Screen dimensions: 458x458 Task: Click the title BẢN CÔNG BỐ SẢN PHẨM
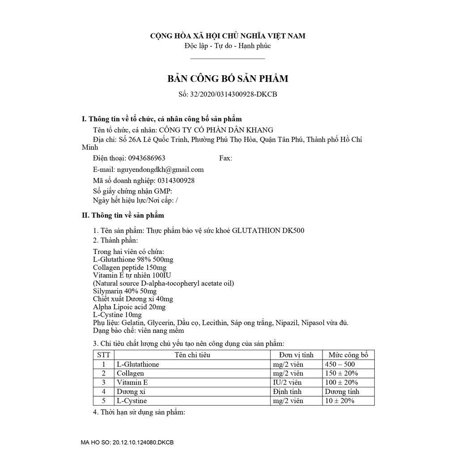click(x=228, y=79)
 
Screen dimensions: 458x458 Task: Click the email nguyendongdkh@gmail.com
click(x=160, y=170)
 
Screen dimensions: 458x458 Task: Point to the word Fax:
click(x=225, y=158)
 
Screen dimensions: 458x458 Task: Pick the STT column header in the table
click(x=103, y=355)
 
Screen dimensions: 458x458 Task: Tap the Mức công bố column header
click(x=348, y=355)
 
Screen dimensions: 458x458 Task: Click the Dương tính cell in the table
click(x=343, y=392)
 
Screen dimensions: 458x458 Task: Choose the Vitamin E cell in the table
click(x=132, y=383)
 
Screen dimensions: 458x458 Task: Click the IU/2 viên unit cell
click(x=287, y=383)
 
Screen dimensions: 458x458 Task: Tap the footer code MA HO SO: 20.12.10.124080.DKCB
click(x=127, y=442)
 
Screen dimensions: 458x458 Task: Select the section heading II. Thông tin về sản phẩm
click(x=123, y=215)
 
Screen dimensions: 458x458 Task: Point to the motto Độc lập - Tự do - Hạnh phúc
click(x=228, y=46)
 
